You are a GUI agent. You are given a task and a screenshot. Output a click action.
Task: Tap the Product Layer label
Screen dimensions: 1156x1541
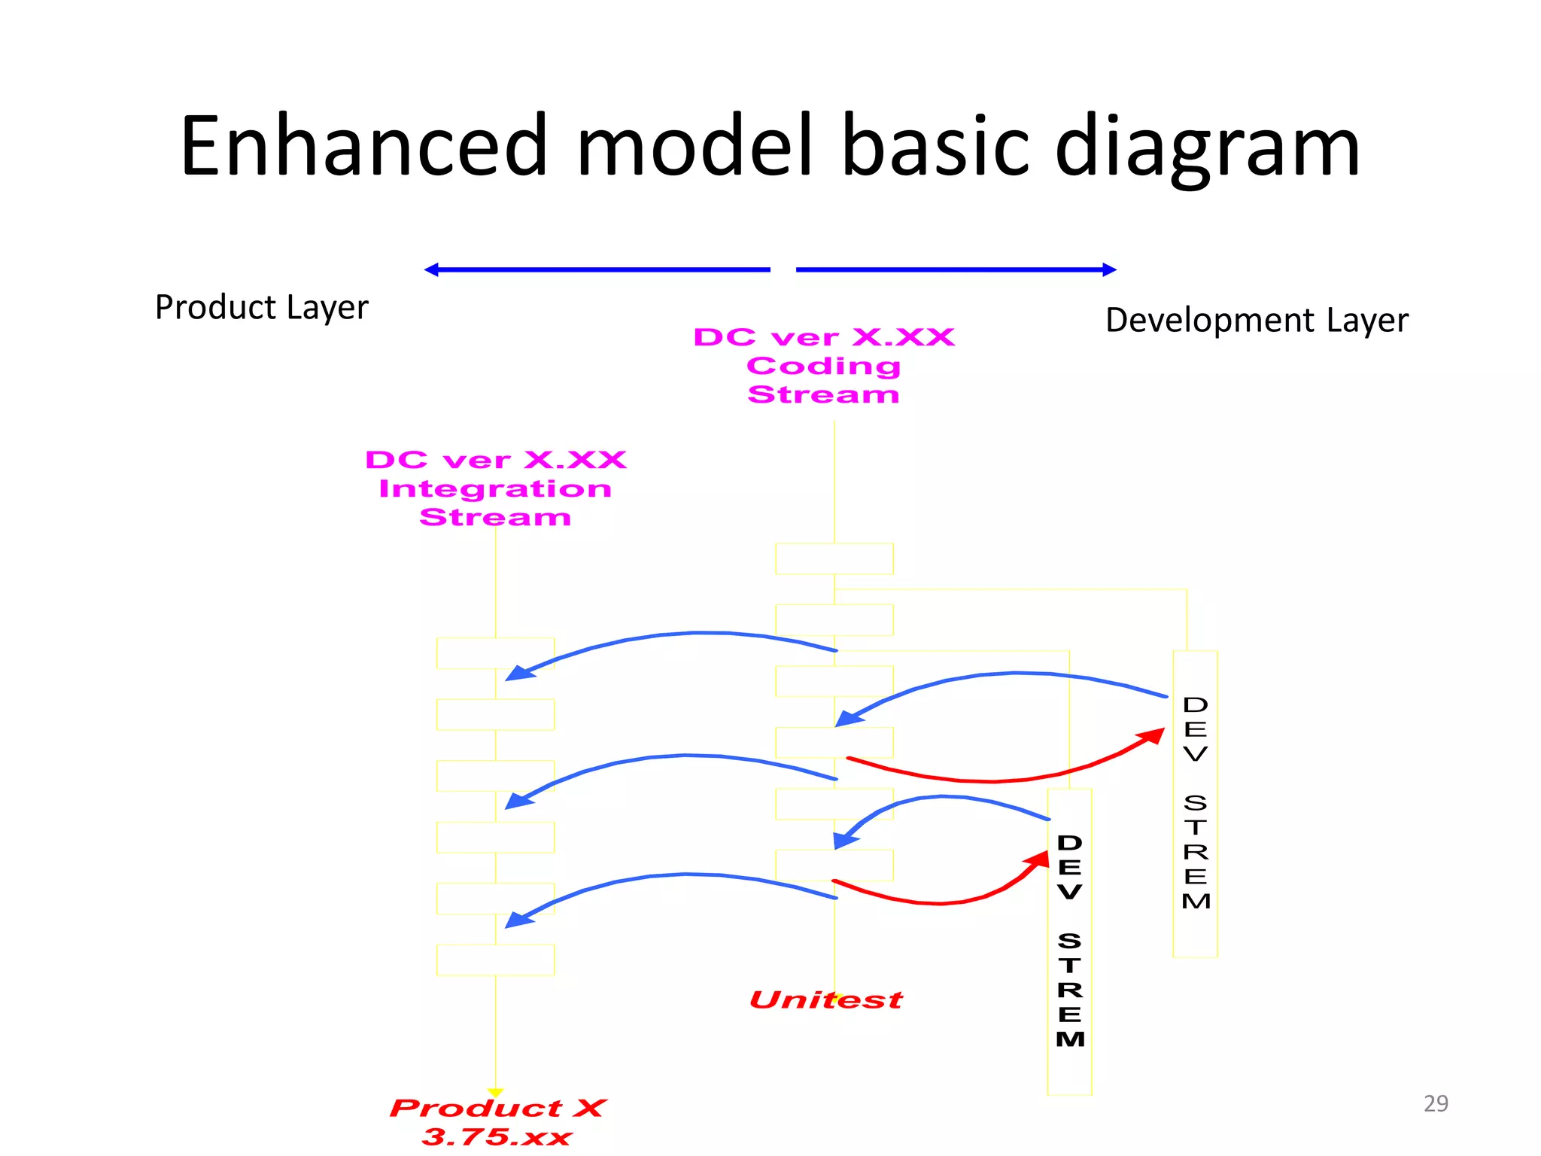point(261,307)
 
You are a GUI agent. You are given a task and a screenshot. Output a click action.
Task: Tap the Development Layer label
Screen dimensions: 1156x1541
point(1256,320)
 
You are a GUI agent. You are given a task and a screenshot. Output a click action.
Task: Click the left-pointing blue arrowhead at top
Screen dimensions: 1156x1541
point(432,269)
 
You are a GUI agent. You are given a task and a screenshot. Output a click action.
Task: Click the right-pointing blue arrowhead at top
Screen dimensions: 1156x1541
point(1109,269)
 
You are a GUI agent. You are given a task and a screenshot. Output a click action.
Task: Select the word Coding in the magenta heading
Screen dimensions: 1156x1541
point(823,366)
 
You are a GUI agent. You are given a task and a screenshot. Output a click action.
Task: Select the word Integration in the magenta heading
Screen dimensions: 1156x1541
point(495,488)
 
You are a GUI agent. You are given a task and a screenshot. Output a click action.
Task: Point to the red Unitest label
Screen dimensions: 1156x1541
point(825,999)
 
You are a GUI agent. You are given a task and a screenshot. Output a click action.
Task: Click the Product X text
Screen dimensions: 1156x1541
point(497,1108)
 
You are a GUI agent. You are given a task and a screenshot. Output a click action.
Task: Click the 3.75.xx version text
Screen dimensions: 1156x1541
point(497,1136)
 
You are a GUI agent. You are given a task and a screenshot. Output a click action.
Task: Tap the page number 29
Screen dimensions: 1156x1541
point(1436,1103)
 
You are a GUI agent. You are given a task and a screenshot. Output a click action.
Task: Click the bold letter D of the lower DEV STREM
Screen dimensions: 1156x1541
point(1069,843)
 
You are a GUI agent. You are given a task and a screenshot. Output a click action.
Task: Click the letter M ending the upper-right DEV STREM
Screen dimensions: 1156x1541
point(1196,901)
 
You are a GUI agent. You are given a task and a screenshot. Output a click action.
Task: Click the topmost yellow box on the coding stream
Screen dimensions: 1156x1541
point(834,558)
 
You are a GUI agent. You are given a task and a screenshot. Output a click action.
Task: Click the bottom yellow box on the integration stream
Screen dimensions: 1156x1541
point(495,960)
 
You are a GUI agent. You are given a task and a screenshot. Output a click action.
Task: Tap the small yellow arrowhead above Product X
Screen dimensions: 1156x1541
point(495,1092)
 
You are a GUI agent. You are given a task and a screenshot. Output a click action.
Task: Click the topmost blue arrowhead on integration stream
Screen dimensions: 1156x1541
point(519,673)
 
